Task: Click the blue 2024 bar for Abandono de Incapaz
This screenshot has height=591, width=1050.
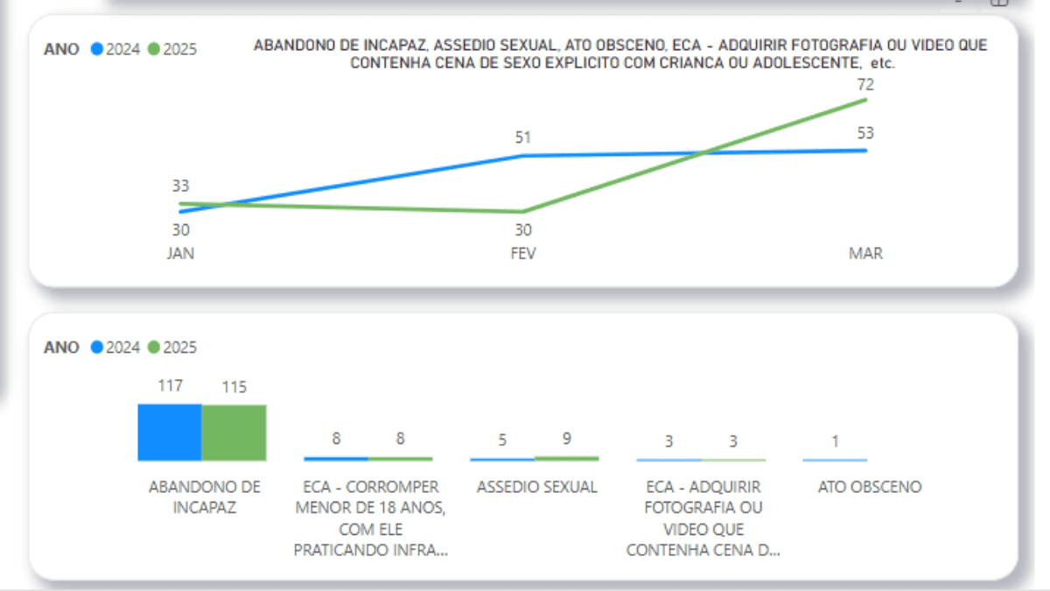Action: click(170, 433)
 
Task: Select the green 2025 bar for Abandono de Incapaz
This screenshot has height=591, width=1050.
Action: click(234, 433)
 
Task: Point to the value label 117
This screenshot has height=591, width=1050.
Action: click(170, 385)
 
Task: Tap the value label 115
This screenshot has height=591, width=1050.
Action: click(234, 386)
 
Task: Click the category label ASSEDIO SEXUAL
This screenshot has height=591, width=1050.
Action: click(536, 487)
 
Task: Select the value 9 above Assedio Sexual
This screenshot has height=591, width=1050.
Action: click(567, 440)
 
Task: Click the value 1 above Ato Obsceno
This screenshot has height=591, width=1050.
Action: click(835, 441)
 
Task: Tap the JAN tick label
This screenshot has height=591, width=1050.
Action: click(180, 254)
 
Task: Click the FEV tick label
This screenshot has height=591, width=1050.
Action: click(523, 254)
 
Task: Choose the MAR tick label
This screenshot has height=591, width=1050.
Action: click(865, 254)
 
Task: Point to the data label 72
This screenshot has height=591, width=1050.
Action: click(865, 85)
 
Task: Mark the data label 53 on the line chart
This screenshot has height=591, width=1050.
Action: click(865, 133)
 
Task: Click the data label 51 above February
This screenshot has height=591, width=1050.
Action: click(523, 137)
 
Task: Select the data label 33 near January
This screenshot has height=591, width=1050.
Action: click(180, 186)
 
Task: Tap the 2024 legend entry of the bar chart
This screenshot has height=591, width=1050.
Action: click(115, 348)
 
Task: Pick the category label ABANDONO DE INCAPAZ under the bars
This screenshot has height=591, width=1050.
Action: click(204, 496)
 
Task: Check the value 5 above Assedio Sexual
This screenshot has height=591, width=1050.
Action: click(502, 440)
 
